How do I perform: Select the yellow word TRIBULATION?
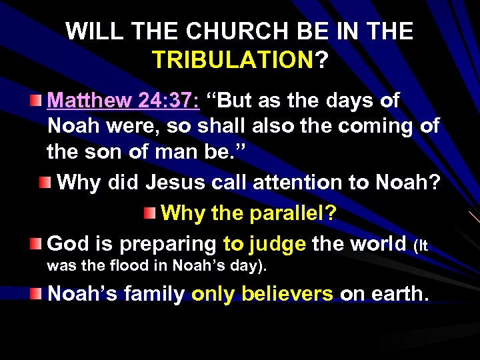pyautogui.click(x=233, y=61)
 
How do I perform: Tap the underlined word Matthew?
pyautogui.click(x=83, y=101)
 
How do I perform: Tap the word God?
pyautogui.click(x=68, y=244)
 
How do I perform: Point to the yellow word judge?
pyautogui.click(x=277, y=245)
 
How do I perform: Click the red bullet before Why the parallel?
pyautogui.click(x=151, y=214)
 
